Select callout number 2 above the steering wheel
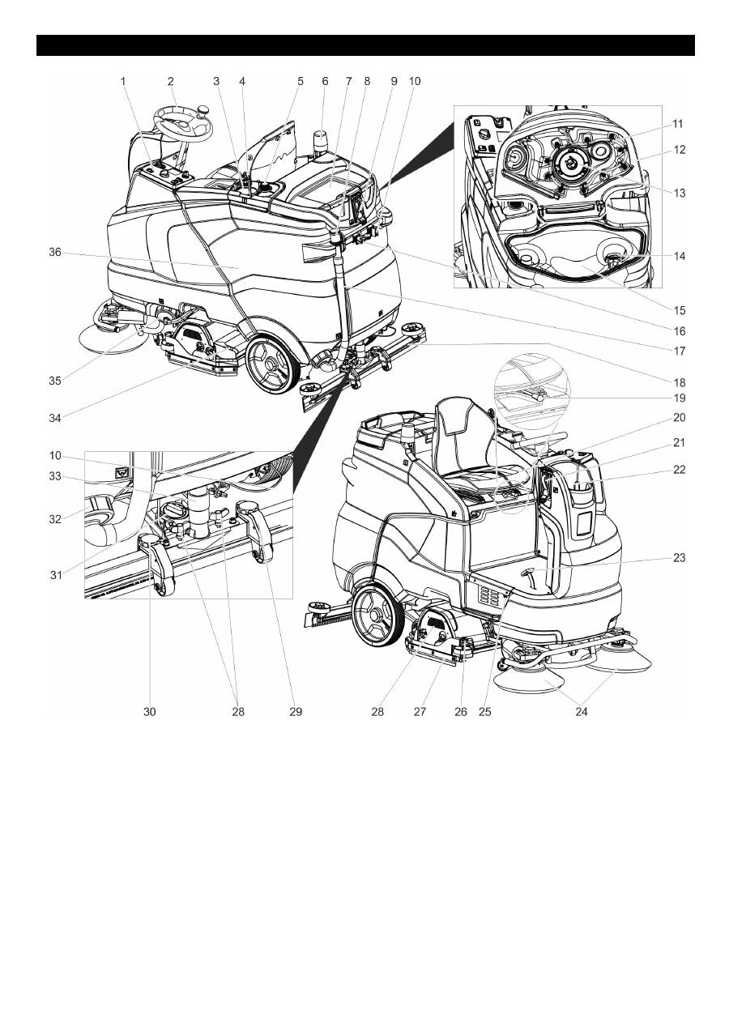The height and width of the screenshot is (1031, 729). click(x=171, y=81)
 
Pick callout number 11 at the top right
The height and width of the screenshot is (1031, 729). click(x=677, y=124)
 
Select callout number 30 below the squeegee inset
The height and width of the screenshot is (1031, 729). click(x=150, y=712)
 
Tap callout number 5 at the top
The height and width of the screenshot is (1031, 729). click(x=300, y=81)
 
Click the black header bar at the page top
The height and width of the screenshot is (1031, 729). click(x=365, y=45)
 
